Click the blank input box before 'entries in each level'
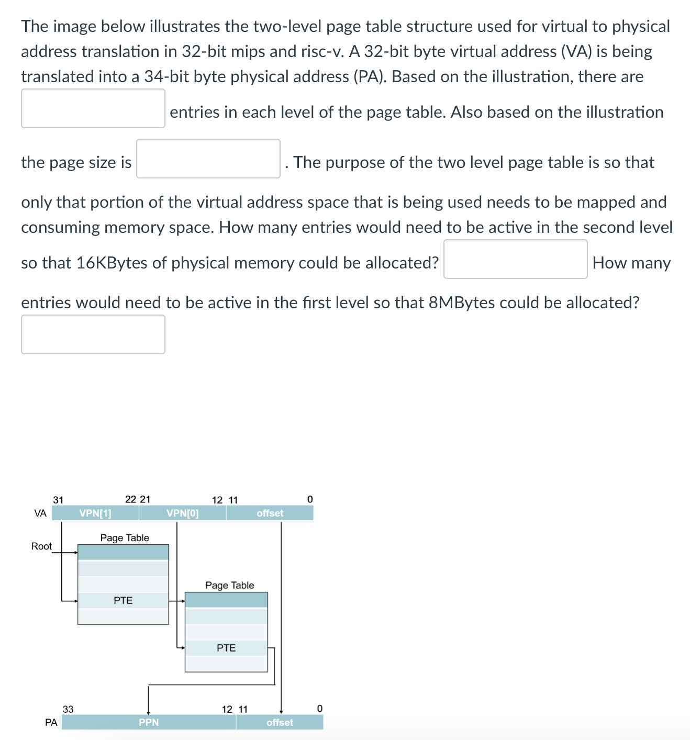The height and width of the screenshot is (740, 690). [93, 108]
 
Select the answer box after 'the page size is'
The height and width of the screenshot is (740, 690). [208, 159]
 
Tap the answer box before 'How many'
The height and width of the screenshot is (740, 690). [515, 259]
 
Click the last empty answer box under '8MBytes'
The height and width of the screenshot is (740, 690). [93, 334]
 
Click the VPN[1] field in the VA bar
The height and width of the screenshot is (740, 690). [95, 513]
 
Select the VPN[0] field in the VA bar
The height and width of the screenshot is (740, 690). [182, 513]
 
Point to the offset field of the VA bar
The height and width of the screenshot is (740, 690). [270, 513]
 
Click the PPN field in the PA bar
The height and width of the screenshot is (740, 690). [149, 722]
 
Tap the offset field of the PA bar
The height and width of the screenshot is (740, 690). [280, 722]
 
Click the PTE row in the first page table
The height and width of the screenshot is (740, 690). [123, 600]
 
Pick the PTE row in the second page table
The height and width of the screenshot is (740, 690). [226, 648]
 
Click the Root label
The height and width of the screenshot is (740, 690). [41, 546]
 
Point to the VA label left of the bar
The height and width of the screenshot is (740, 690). [40, 513]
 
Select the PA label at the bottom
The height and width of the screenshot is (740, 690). [51, 722]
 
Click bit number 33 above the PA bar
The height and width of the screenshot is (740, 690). [68, 709]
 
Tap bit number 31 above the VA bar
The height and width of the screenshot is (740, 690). [58, 500]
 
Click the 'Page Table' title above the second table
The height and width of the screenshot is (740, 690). [229, 585]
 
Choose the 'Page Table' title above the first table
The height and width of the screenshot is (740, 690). [125, 537]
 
